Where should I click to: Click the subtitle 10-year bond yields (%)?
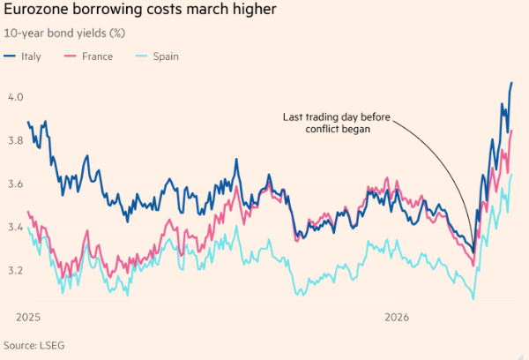[x=64, y=33]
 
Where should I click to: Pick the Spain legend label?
[x=166, y=56]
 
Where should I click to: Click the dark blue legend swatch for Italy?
[x=10, y=56]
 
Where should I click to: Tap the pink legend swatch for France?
[x=72, y=56]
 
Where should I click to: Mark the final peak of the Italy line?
[x=511, y=83]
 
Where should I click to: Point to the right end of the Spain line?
[x=512, y=175]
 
